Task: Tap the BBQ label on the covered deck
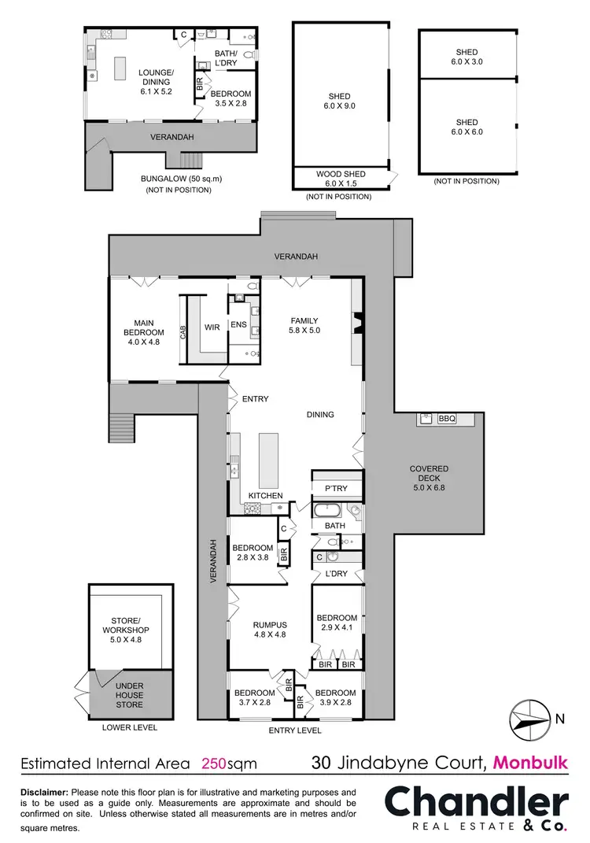click(x=447, y=419)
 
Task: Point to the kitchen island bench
click(x=268, y=460)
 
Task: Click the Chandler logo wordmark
click(x=476, y=804)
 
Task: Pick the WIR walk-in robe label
click(x=212, y=327)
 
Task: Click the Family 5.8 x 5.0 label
click(x=304, y=326)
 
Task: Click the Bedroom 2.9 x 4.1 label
click(x=337, y=623)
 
